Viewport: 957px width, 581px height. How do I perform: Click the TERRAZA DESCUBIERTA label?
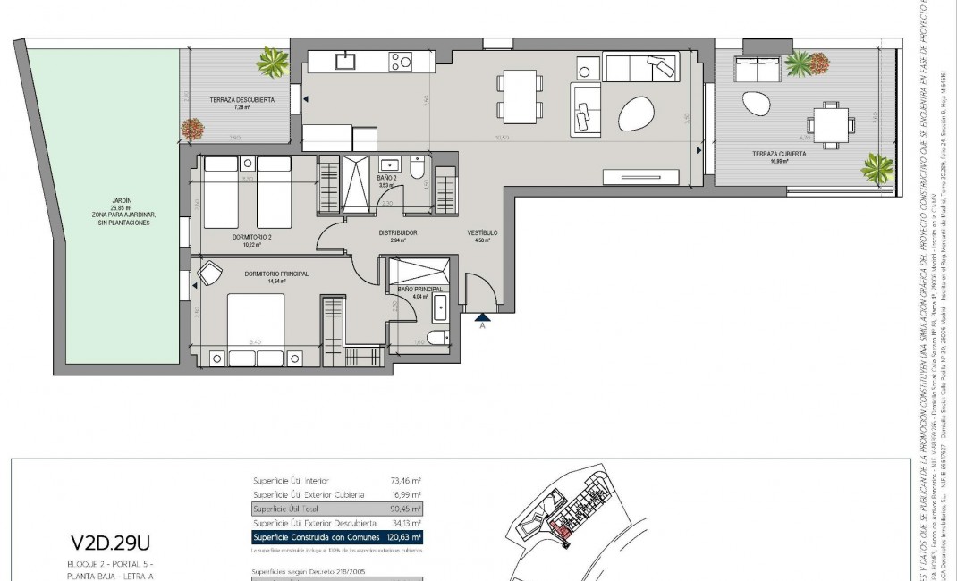point(241,99)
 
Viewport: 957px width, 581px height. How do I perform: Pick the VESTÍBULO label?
point(482,232)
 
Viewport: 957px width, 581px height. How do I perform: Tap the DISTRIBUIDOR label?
point(398,232)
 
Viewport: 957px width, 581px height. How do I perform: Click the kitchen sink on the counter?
point(343,61)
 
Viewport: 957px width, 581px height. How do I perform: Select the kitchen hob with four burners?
point(400,62)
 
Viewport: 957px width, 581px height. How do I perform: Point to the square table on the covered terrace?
point(830,124)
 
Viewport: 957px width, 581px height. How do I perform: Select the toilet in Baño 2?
point(416,169)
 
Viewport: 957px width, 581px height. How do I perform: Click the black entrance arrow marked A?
point(483,316)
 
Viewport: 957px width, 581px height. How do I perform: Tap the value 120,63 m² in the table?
point(403,537)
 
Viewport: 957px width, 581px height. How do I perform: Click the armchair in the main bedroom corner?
point(210,273)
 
